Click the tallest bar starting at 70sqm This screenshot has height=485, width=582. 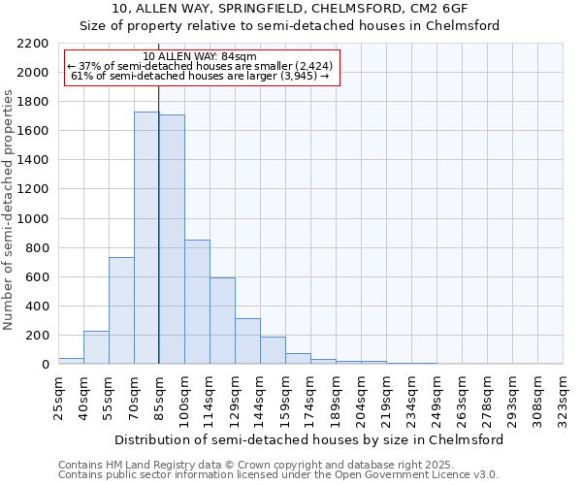[x=146, y=238]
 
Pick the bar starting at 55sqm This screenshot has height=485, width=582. [x=121, y=310]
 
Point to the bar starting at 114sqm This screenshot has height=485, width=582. [x=222, y=320]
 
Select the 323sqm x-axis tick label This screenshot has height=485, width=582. [x=563, y=396]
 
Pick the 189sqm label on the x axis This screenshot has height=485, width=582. [x=336, y=396]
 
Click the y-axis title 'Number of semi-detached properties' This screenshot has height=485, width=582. [x=10, y=210]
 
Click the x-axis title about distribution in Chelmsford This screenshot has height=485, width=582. [x=308, y=439]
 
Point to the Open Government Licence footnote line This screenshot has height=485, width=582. [x=278, y=475]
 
